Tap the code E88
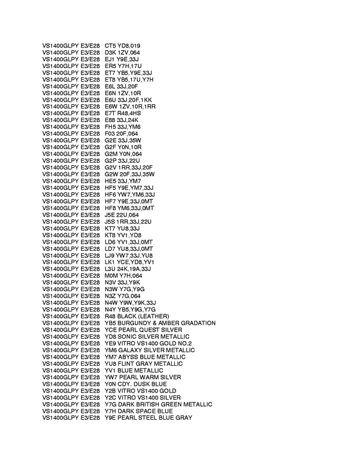coord(111,120)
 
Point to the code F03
coord(111,134)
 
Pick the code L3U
coord(111,269)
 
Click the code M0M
coord(111,276)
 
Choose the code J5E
coord(111,215)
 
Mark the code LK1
coord(111,262)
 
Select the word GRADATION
coord(195,323)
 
